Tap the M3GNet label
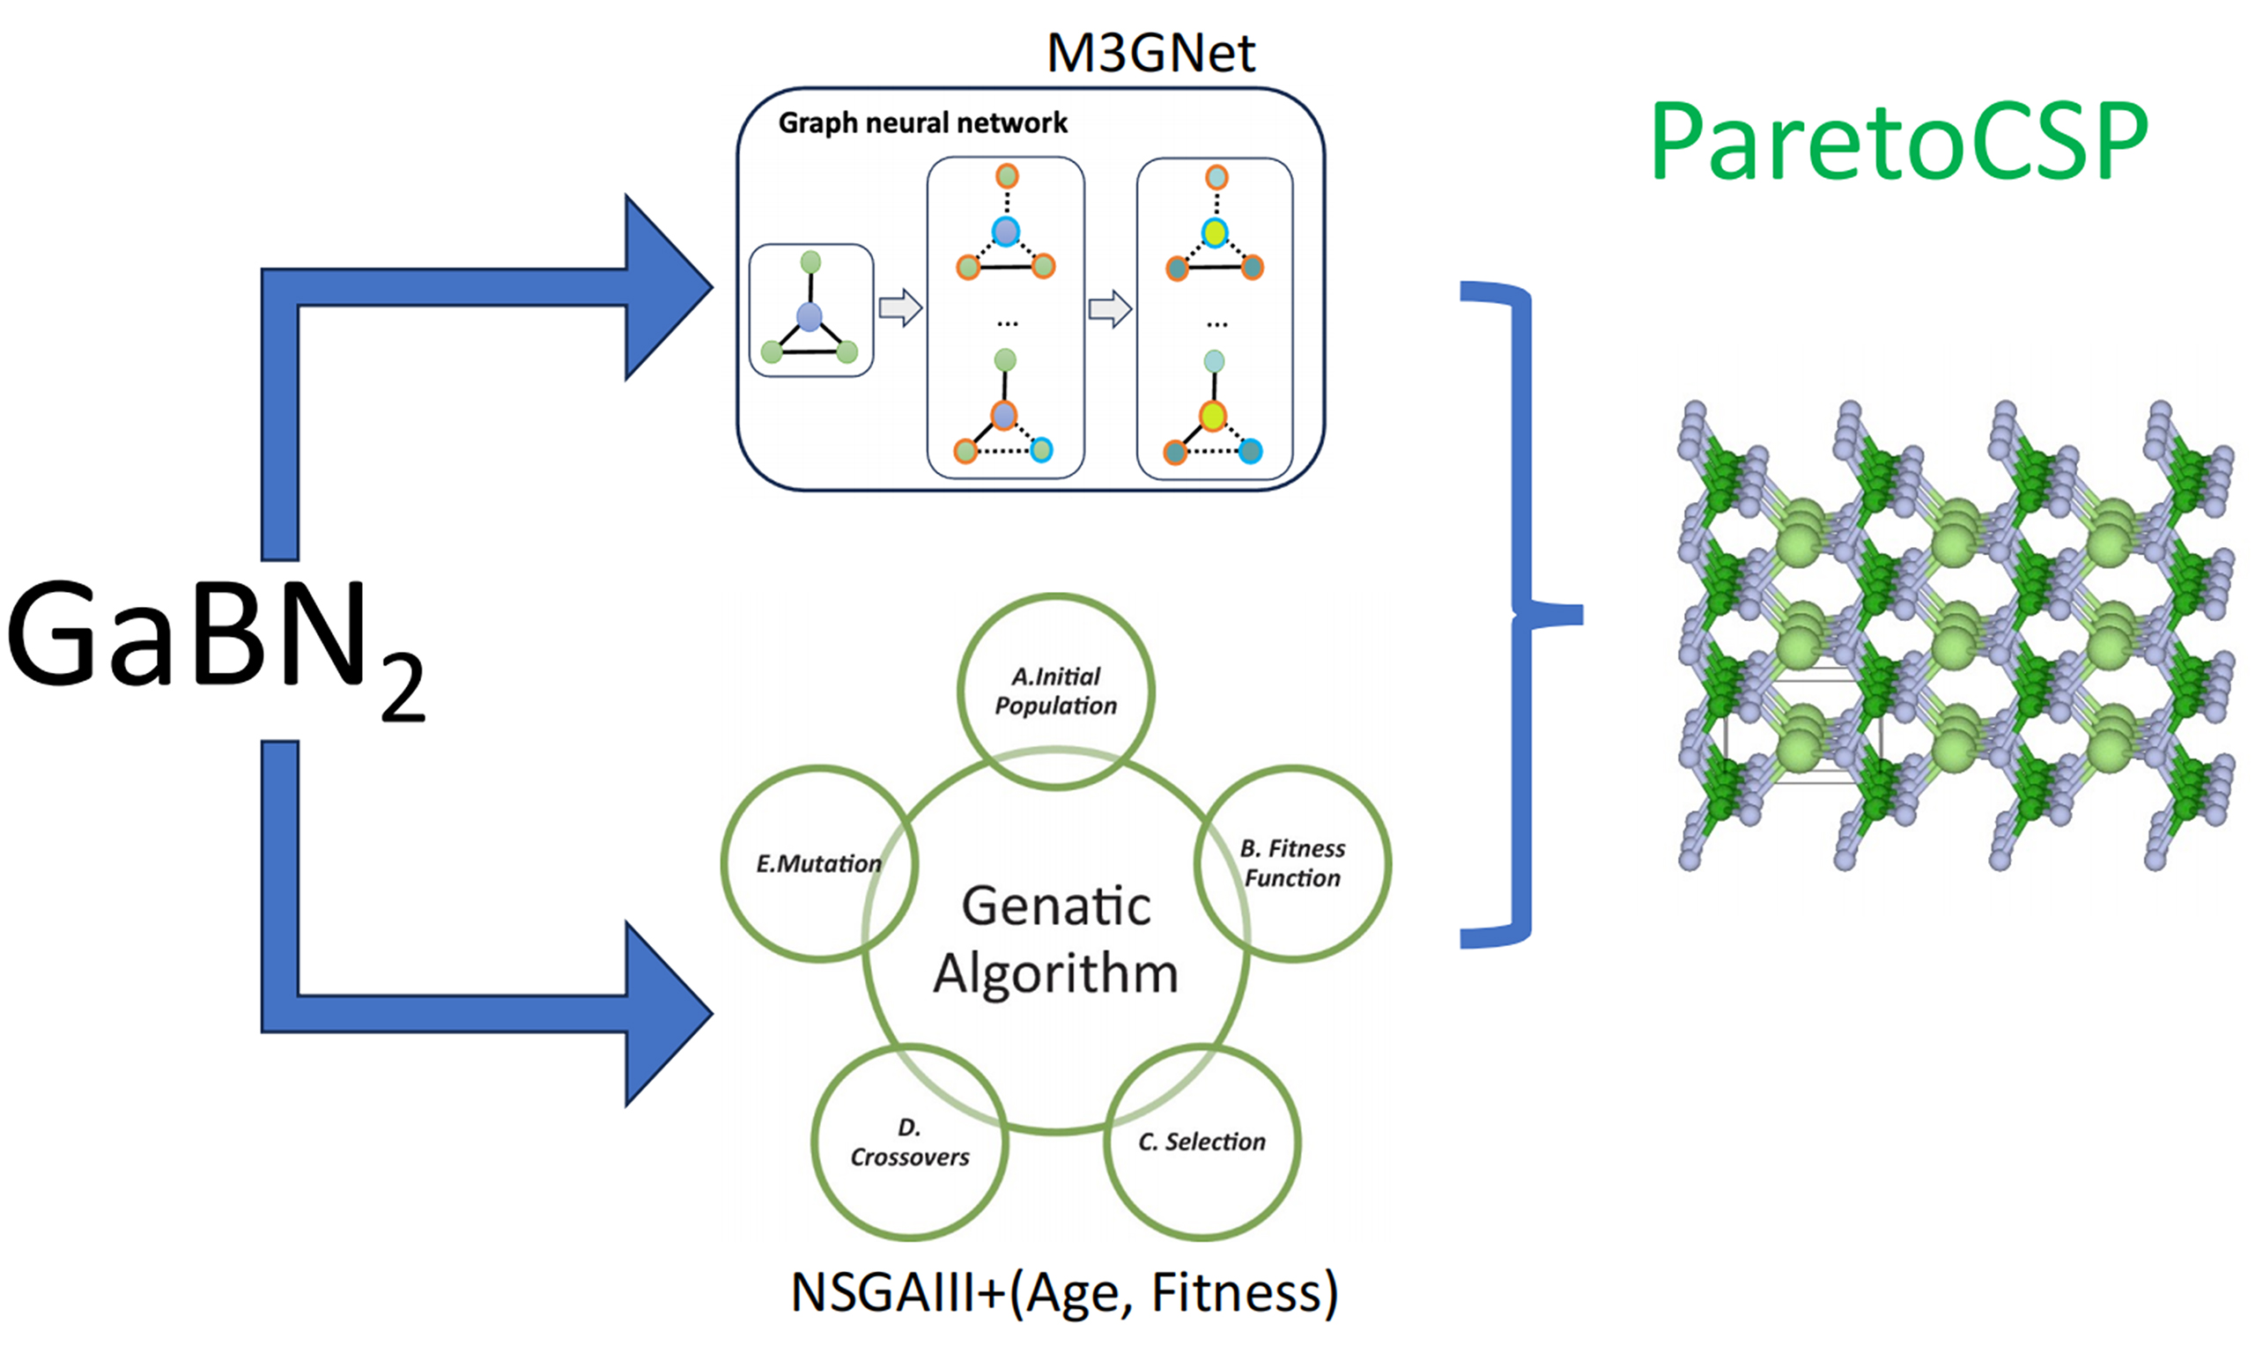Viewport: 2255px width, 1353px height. click(x=1150, y=53)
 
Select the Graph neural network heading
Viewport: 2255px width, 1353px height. click(x=922, y=123)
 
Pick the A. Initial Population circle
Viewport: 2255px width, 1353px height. click(x=1055, y=691)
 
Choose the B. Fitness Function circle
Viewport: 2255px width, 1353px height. click(x=1292, y=862)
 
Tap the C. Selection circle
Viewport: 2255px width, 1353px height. click(x=1202, y=1142)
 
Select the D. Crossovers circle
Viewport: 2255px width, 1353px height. click(x=910, y=1142)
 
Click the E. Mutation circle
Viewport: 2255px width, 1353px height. click(x=818, y=862)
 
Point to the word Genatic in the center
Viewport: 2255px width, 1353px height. click(x=1055, y=906)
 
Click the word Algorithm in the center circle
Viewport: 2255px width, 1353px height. click(x=1055, y=973)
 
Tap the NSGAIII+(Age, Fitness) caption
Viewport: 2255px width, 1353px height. click(x=1064, y=1292)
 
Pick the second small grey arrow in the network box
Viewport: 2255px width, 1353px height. click(x=1110, y=309)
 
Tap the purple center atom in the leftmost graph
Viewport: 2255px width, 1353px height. click(x=810, y=317)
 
